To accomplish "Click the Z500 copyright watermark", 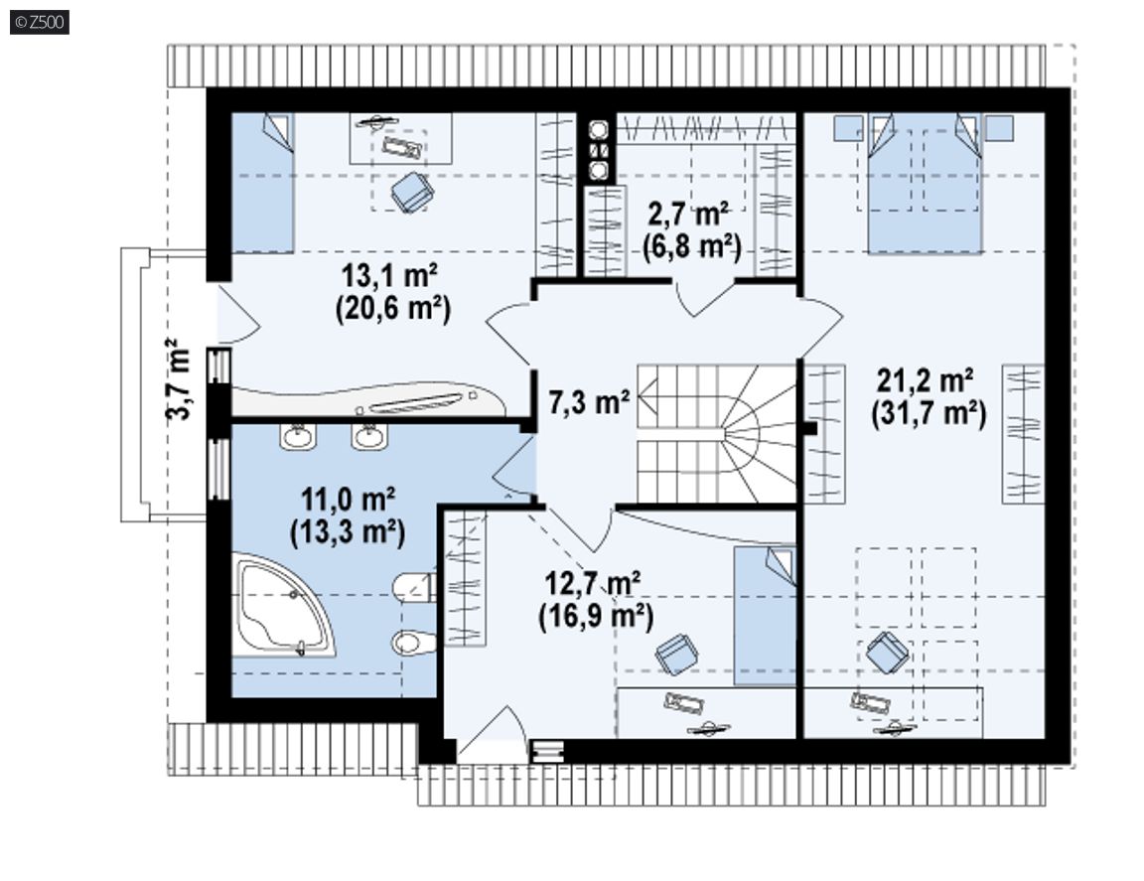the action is tap(40, 22).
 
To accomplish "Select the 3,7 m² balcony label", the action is tap(179, 378).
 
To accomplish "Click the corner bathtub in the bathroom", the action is tap(282, 605).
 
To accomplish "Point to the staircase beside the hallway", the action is tap(716, 434).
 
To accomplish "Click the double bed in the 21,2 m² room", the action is tap(925, 183).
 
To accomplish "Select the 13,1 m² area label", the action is tap(389, 276).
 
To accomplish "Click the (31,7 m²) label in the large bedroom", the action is tap(929, 414).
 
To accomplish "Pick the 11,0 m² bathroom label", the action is tap(348, 500).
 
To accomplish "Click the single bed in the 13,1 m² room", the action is tap(262, 183).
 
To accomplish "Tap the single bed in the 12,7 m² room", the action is tap(765, 616).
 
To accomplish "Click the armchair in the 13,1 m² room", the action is tap(412, 192).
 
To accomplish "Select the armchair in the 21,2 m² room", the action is tap(887, 652).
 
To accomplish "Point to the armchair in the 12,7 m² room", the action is tap(676, 654).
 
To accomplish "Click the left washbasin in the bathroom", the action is tap(298, 436).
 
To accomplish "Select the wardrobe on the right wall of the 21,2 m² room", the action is tap(1023, 434).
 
